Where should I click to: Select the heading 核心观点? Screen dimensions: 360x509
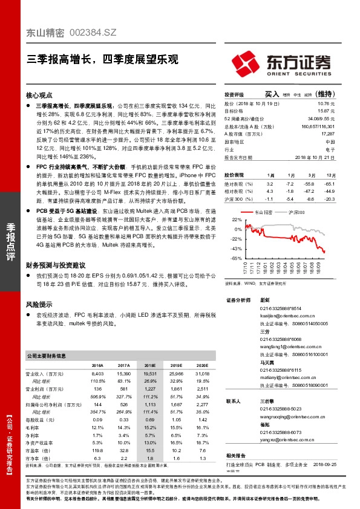click(x=41, y=96)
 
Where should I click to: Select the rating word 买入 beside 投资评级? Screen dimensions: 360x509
click(x=272, y=94)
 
